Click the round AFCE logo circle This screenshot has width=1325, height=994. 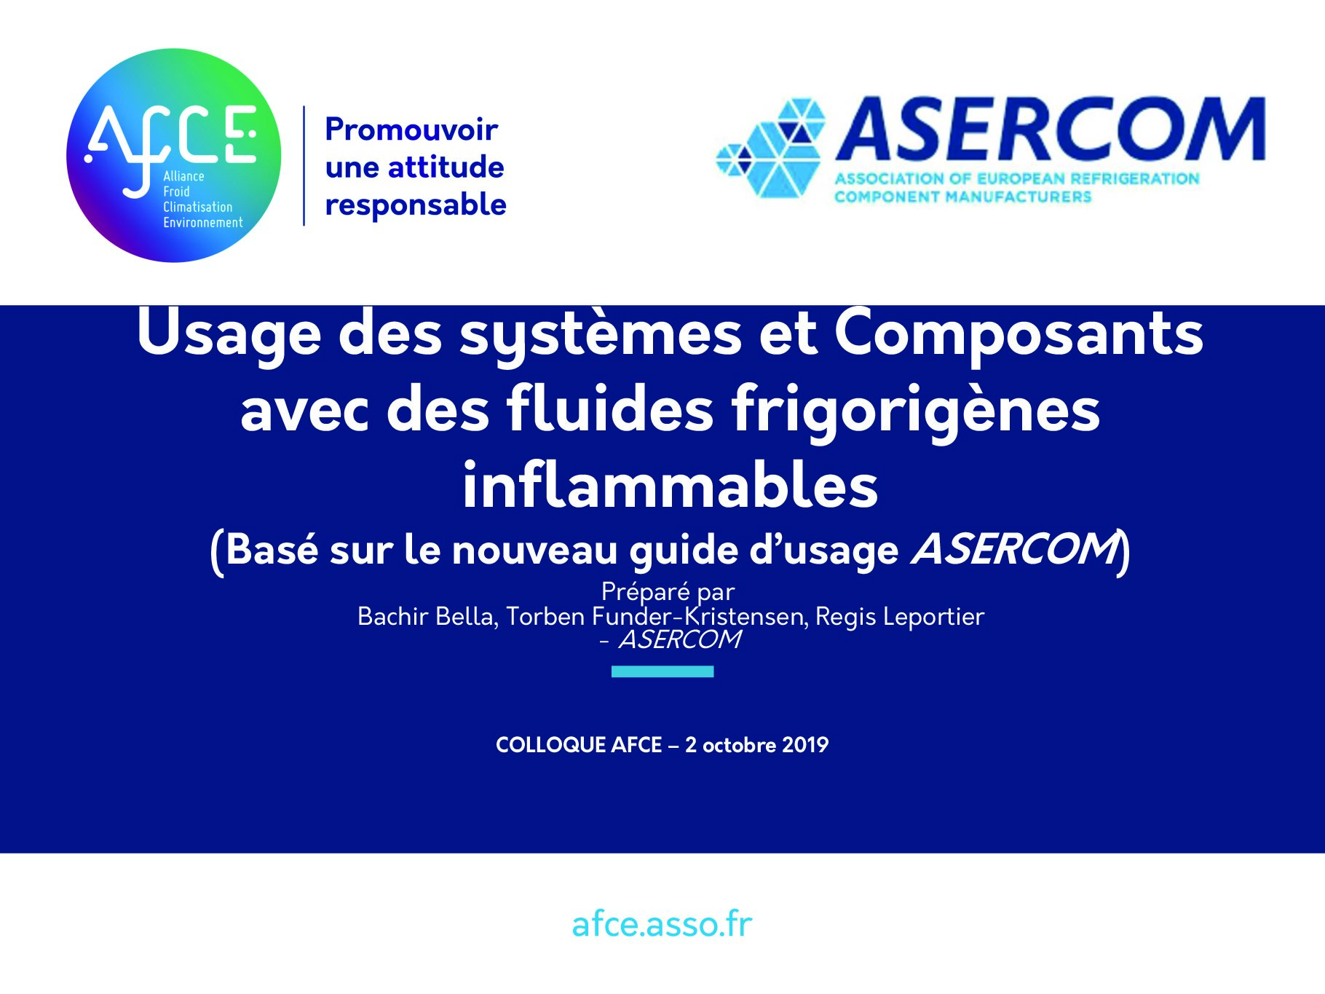click(x=173, y=155)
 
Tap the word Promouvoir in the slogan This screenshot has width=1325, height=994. click(x=411, y=130)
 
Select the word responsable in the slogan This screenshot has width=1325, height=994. click(x=416, y=205)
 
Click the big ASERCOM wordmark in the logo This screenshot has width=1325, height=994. click(x=1051, y=129)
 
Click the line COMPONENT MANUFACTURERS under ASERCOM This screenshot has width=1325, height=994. click(x=962, y=197)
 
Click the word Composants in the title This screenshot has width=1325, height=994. click(x=1019, y=334)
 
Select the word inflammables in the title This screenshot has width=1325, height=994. click(x=670, y=485)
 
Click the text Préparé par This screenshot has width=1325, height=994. click(x=668, y=592)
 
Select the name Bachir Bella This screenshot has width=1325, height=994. click(x=427, y=617)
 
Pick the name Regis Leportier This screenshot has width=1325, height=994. click(x=900, y=617)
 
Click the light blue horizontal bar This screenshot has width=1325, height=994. click(x=662, y=671)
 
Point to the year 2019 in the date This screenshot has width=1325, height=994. click(x=806, y=745)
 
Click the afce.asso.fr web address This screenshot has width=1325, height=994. click(x=662, y=924)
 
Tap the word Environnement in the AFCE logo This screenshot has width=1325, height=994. click(x=203, y=223)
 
